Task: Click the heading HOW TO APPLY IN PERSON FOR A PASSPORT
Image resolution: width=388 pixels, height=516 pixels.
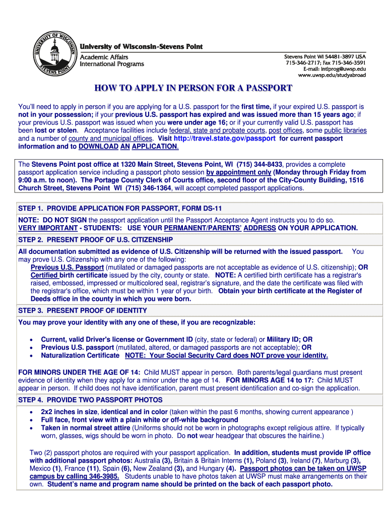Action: pyautogui.click(x=193, y=89)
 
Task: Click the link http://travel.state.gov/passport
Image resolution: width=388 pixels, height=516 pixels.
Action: pyautogui.click(x=224, y=138)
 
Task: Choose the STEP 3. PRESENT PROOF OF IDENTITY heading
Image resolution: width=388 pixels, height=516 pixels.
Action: pyautogui.click(x=83, y=310)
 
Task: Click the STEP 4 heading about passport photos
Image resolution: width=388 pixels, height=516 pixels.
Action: pyautogui.click(x=90, y=400)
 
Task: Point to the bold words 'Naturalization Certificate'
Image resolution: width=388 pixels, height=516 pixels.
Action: pyautogui.click(x=80, y=355)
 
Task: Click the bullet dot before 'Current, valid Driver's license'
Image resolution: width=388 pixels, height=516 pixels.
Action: pyautogui.click(x=32, y=340)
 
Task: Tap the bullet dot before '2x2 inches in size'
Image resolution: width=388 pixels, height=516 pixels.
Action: pyautogui.click(x=32, y=412)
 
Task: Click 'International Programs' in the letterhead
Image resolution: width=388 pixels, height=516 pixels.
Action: pyautogui.click(x=112, y=64)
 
